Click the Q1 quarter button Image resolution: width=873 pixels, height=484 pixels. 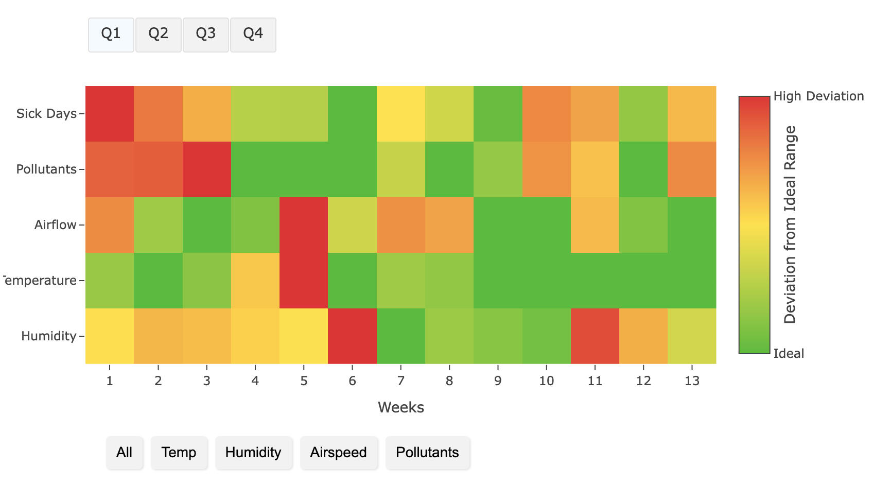pos(111,34)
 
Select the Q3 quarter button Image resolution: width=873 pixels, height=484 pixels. pos(205,34)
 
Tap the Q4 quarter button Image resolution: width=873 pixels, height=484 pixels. pos(253,34)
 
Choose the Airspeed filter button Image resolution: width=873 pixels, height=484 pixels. pos(338,453)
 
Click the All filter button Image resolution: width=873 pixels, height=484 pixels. pos(124,453)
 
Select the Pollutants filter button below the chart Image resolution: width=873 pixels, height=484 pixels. pos(427,453)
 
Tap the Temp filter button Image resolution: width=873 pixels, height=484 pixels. pos(179,453)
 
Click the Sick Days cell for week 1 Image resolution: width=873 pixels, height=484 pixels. pos(110,114)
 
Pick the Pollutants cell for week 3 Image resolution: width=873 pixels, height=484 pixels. pos(206,169)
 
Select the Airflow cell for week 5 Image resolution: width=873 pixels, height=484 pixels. pos(304,225)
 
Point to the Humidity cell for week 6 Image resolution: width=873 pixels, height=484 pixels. pos(352,336)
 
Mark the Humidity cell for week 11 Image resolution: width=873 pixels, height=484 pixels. pos(595,336)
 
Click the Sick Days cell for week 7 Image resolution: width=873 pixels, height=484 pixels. pos(400,114)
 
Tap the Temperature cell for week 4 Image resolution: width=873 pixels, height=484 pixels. pos(255,281)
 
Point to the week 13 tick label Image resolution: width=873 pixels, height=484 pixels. pos(692,381)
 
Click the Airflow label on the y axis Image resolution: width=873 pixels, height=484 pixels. pos(55,225)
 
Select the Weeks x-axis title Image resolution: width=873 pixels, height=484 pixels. pos(400,407)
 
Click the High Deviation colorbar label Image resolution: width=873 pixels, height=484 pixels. pos(818,96)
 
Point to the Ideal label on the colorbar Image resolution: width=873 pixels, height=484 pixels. pos(789,353)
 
